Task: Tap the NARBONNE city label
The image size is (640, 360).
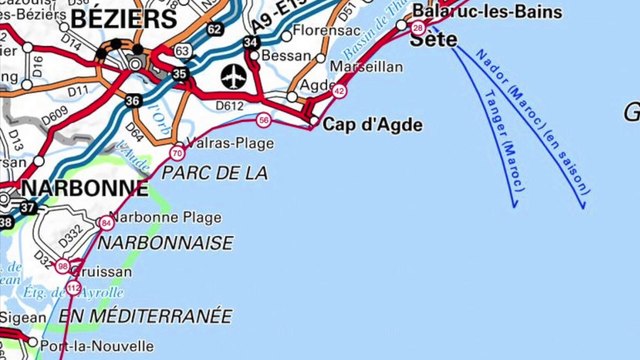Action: click(85, 188)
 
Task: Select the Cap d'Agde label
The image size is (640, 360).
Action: click(372, 126)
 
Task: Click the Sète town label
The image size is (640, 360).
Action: click(440, 40)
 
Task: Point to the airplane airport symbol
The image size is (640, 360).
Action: click(235, 76)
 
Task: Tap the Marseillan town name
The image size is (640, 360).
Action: click(372, 67)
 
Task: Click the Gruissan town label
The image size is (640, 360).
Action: click(101, 271)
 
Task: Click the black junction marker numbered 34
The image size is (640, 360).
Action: click(250, 42)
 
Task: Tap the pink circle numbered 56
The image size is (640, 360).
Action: click(263, 121)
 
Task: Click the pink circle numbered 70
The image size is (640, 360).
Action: click(176, 154)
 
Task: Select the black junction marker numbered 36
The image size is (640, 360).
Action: click(133, 101)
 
